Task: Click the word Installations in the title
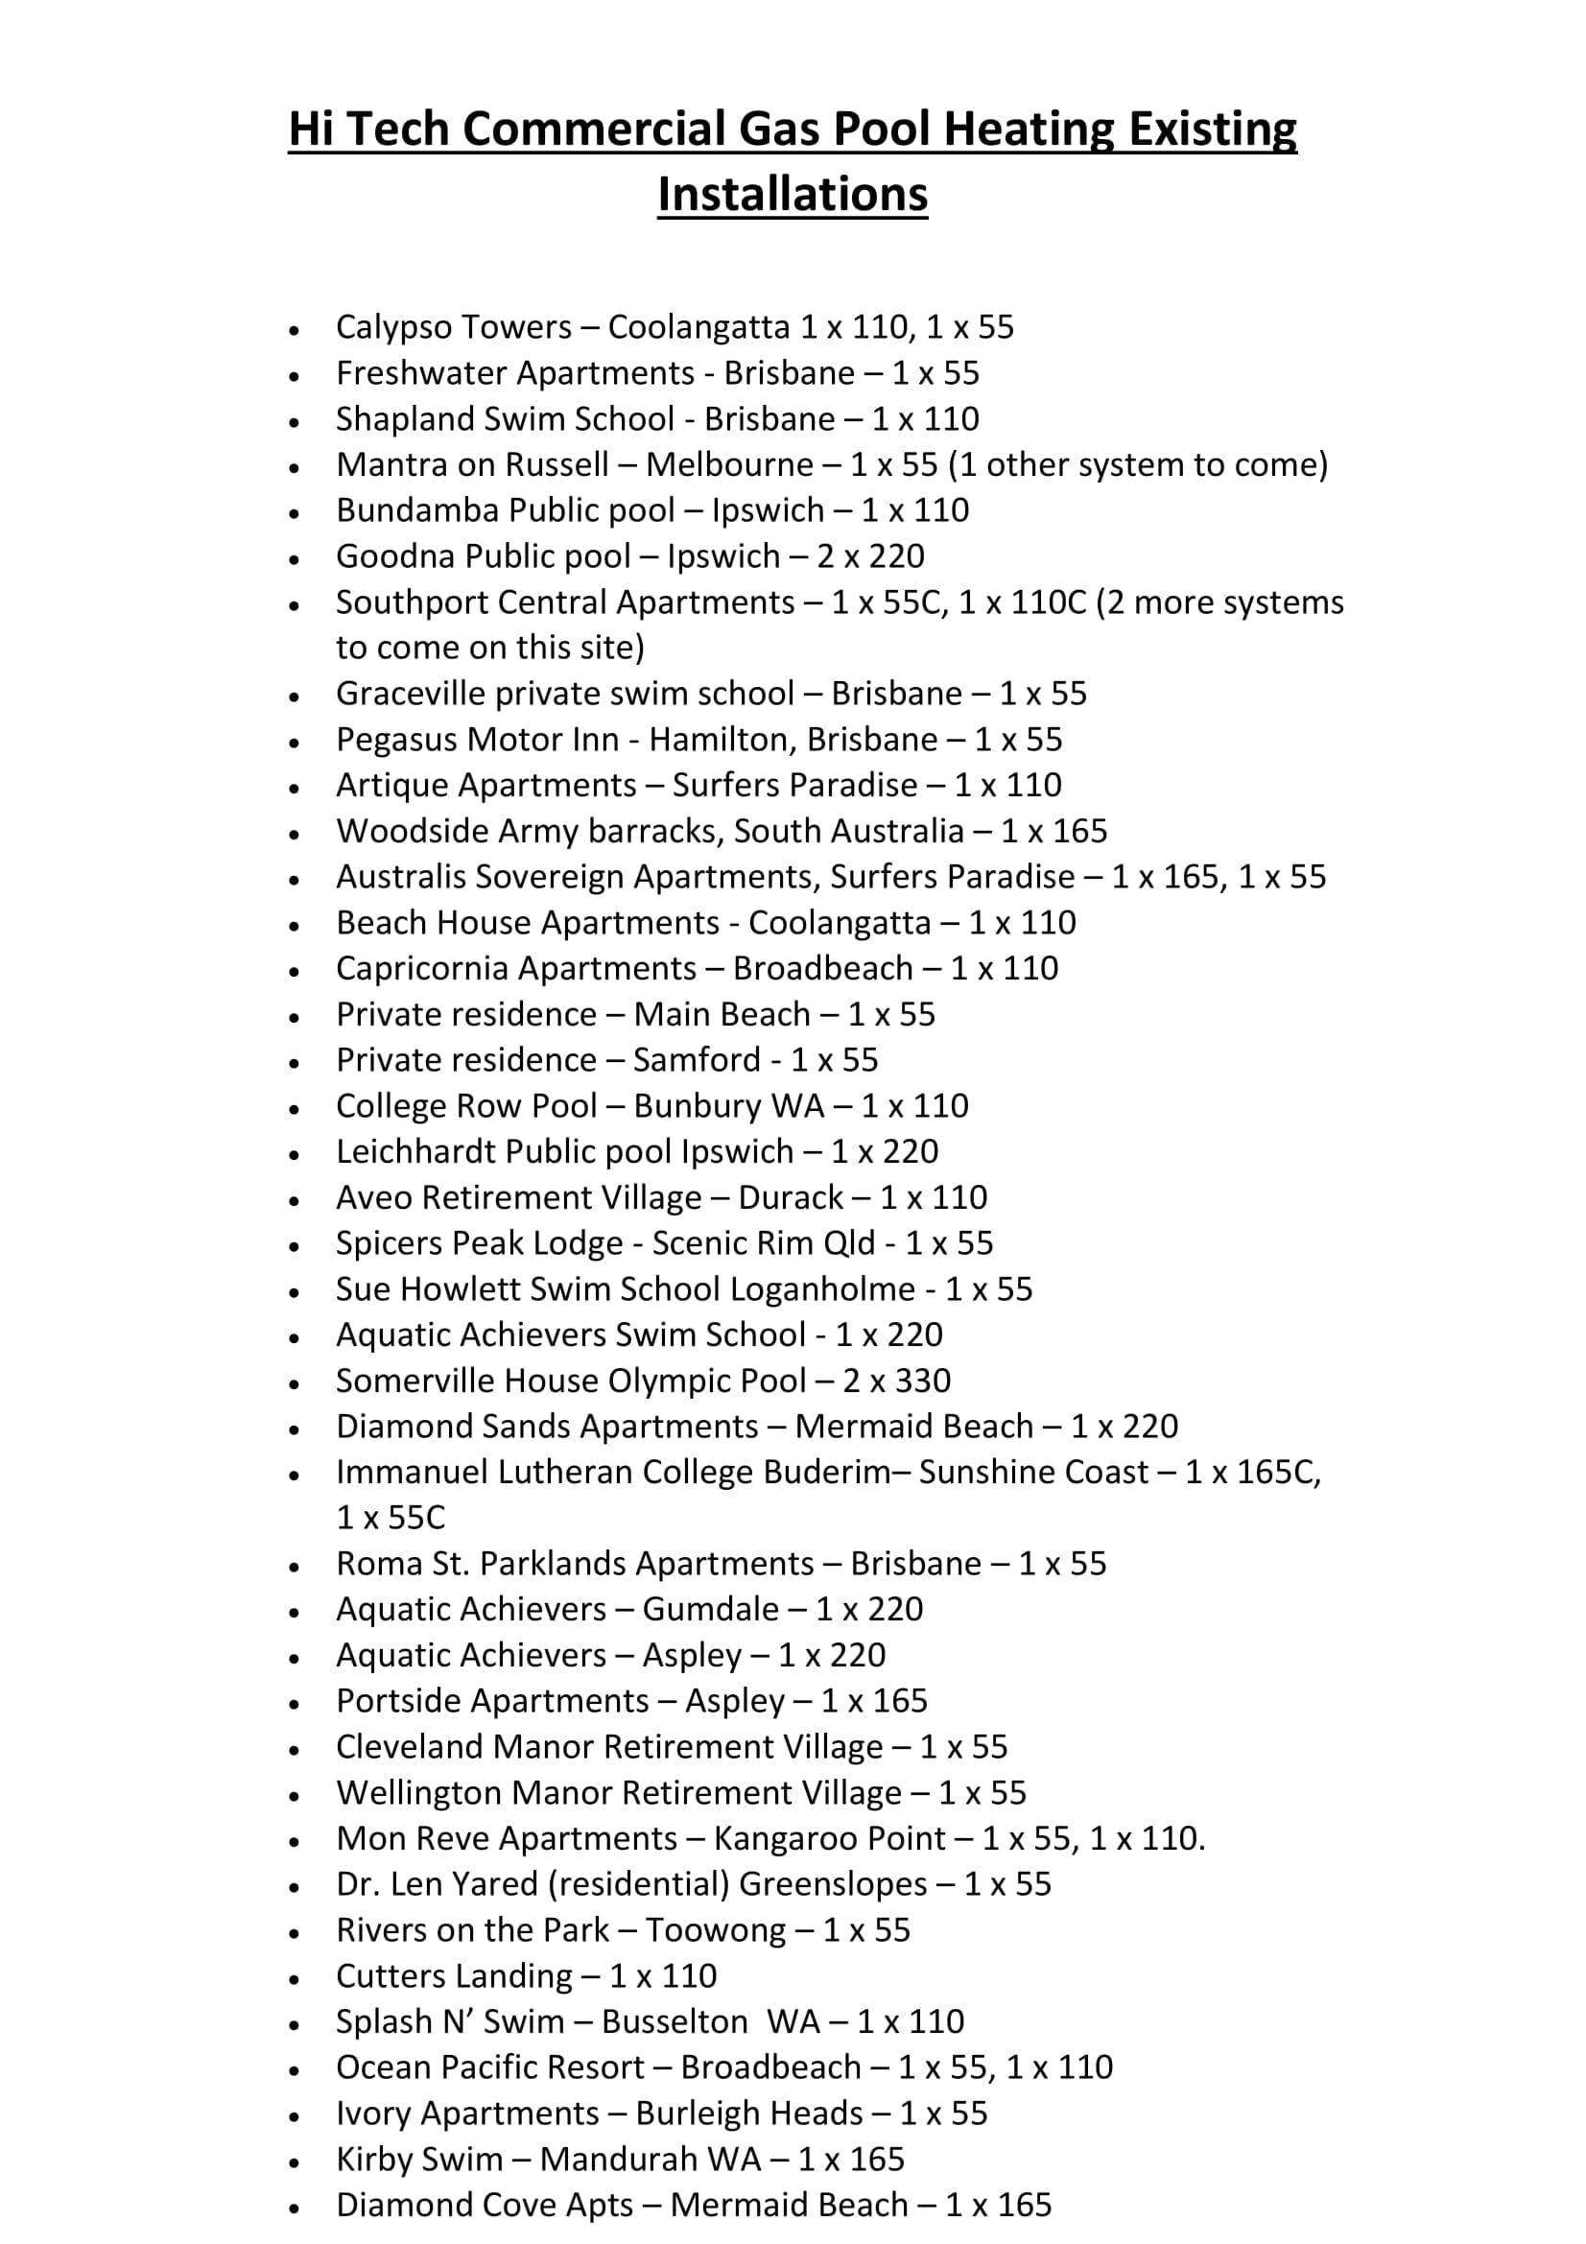click(792, 194)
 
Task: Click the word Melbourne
click(729, 464)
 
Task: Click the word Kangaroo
click(775, 1838)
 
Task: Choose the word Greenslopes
click(833, 1884)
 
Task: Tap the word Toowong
click(715, 1930)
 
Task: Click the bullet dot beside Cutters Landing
click(295, 1980)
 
